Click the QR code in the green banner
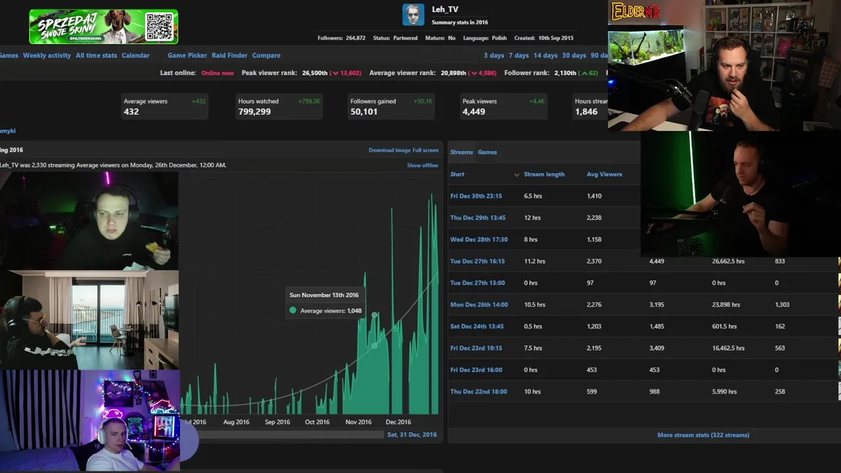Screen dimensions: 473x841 160,26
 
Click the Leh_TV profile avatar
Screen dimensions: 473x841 413,14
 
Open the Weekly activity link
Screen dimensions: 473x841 47,55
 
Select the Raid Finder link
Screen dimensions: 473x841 229,55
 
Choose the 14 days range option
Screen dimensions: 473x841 545,55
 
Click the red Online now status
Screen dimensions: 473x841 217,73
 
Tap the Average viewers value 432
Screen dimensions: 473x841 131,112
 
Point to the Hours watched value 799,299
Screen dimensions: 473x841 254,112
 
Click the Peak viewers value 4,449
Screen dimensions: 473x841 474,112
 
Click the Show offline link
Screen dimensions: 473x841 422,165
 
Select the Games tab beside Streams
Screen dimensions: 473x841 487,152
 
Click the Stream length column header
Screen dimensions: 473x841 544,174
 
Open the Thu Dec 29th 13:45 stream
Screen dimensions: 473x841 478,217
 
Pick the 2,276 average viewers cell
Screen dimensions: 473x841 594,305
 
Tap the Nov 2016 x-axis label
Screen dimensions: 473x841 358,422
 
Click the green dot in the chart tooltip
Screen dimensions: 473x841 293,310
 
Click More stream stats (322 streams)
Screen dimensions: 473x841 703,435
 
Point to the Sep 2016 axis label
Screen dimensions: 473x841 277,422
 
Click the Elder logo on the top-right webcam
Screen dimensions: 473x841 635,11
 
